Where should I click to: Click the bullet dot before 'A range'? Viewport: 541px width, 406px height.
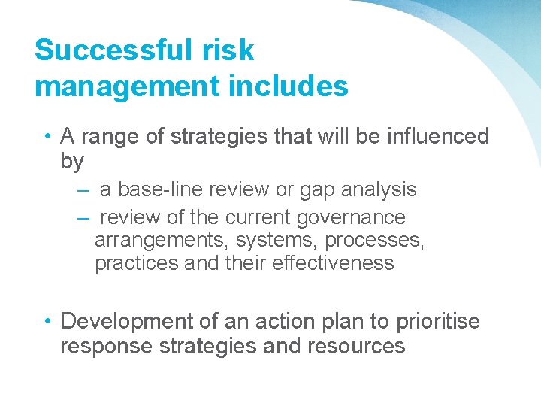[x=47, y=136]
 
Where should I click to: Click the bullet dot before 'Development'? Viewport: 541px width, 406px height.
[x=47, y=321]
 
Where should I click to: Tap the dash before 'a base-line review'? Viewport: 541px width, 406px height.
[x=83, y=190]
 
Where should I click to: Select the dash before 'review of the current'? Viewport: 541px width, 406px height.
[x=83, y=218]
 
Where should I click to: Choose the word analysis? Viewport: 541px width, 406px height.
[x=380, y=190]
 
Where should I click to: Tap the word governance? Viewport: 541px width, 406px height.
[x=351, y=218]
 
